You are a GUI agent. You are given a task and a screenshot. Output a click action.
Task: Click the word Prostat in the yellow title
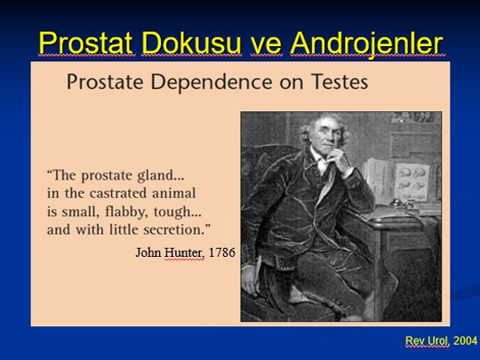pyautogui.click(x=86, y=44)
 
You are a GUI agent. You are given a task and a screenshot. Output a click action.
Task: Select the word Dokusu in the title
pyautogui.click(x=192, y=44)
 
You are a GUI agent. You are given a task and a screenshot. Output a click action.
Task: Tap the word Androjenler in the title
pyautogui.click(x=367, y=44)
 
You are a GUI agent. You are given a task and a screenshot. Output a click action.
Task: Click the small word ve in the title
pyautogui.click(x=266, y=46)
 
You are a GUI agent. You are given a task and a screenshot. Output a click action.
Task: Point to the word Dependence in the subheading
pyautogui.click(x=212, y=83)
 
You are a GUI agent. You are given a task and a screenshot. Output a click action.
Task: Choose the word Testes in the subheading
pyautogui.click(x=340, y=82)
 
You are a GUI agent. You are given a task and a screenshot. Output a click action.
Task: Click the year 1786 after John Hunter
pyautogui.click(x=222, y=252)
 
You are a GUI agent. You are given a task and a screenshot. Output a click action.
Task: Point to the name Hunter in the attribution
pyautogui.click(x=184, y=252)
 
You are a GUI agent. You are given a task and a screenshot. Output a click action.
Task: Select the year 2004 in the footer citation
pyautogui.click(x=465, y=340)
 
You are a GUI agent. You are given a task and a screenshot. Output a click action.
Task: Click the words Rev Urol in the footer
pyautogui.click(x=428, y=340)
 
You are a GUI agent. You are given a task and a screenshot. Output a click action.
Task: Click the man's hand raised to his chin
pyautogui.click(x=339, y=161)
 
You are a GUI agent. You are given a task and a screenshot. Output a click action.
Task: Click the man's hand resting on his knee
pyautogui.click(x=251, y=280)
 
